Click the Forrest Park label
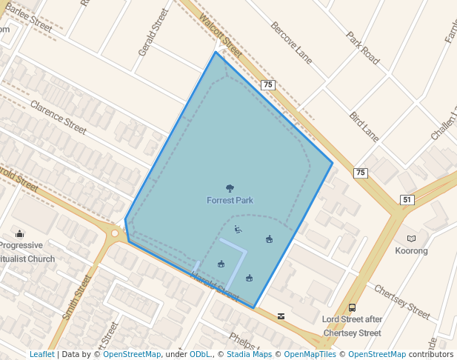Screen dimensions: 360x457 (x=230, y=200)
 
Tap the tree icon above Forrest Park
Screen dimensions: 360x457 (x=230, y=188)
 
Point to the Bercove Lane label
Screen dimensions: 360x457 (x=293, y=42)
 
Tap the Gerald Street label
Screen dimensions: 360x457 (x=149, y=33)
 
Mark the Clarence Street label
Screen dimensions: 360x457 (x=59, y=112)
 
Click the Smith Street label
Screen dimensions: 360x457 (x=77, y=297)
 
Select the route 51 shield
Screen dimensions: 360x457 (x=407, y=200)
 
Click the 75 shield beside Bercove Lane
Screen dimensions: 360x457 (x=268, y=85)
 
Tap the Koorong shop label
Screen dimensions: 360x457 (x=411, y=250)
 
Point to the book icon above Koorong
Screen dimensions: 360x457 (x=411, y=239)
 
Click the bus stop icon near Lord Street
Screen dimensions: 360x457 (x=352, y=307)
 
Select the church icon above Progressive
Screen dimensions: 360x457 (x=19, y=233)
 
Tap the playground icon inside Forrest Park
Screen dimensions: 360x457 (x=237, y=229)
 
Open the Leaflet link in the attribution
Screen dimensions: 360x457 (x=41, y=354)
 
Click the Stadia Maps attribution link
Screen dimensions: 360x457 (x=248, y=354)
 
